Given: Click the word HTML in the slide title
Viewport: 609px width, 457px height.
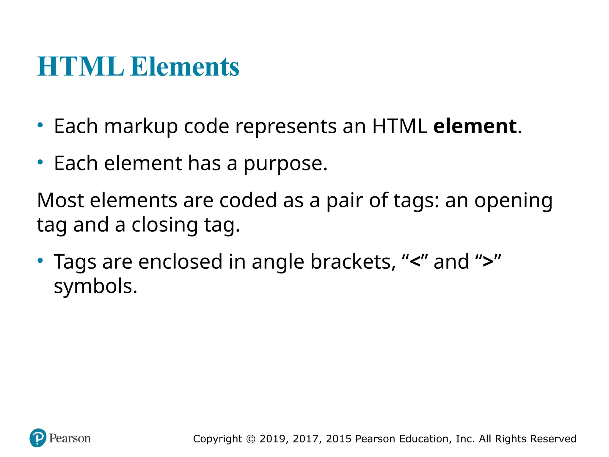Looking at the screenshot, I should [x=80, y=66].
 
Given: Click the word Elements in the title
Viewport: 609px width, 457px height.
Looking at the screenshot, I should [x=185, y=66].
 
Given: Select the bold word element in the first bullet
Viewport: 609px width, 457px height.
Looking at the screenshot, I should [x=475, y=126].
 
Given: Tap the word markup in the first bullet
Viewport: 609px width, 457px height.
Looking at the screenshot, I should [x=141, y=127].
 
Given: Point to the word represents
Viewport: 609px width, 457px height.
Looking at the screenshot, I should [x=286, y=127].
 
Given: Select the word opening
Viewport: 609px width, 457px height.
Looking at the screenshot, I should [x=513, y=201].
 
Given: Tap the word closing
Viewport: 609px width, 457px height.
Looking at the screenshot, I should [x=164, y=225].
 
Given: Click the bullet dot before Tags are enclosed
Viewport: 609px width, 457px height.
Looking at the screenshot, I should [x=40, y=261].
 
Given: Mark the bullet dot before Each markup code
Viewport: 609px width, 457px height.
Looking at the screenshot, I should [x=40, y=125].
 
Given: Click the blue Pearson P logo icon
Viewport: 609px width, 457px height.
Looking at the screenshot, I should [x=38, y=438].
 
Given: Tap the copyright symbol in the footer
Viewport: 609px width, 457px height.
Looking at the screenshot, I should [x=251, y=439].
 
